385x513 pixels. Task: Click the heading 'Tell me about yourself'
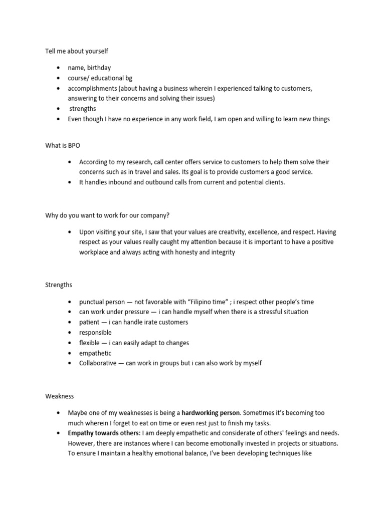click(77, 51)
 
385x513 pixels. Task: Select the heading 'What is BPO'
click(63, 145)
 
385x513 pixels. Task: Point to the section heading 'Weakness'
click(60, 396)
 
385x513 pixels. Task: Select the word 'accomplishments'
click(92, 88)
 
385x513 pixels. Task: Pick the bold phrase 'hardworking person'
click(211, 413)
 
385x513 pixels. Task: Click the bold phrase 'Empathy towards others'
click(103, 433)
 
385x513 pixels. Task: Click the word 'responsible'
click(95, 333)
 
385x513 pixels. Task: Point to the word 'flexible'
click(90, 343)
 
